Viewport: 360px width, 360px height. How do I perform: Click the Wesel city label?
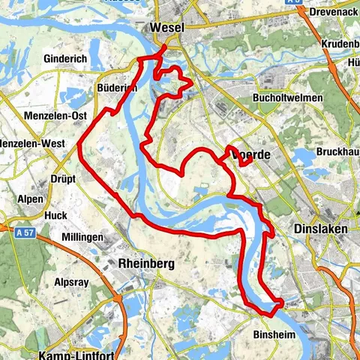point(167,28)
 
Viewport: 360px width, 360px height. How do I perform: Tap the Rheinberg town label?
point(146,264)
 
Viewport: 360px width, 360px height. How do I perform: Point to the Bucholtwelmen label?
point(289,98)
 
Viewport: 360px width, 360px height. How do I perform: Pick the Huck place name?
point(55,215)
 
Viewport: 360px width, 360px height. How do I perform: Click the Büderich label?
point(116,88)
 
